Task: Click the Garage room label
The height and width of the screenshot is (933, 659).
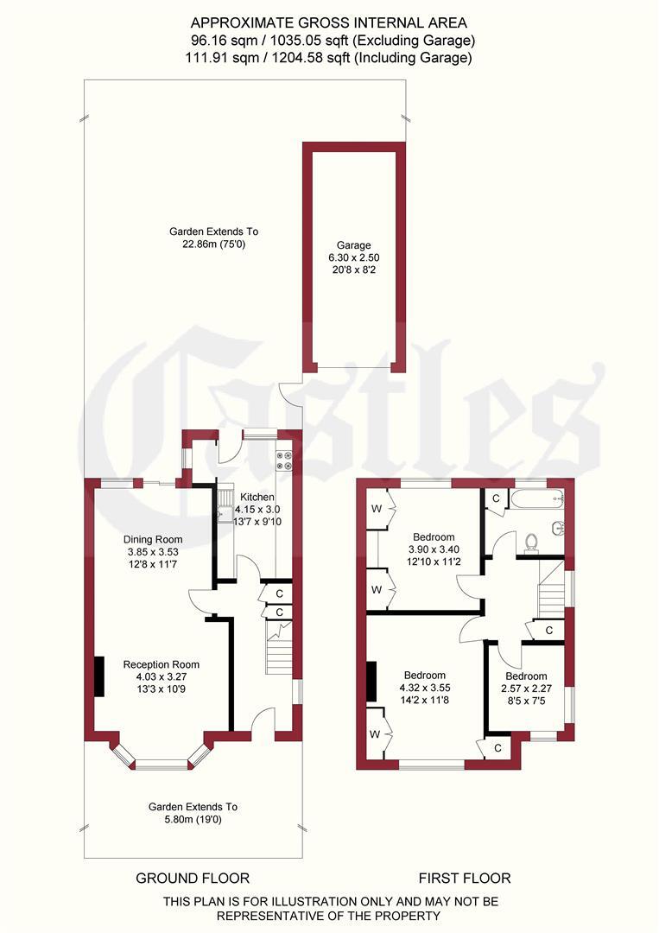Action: point(353,244)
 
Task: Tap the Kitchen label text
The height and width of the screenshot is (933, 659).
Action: point(257,497)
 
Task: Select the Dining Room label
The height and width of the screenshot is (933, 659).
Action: point(152,539)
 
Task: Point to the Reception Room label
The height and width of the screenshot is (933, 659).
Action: point(162,664)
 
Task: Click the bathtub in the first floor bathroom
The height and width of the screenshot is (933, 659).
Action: point(536,498)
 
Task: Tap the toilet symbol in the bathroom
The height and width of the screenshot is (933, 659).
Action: point(532,543)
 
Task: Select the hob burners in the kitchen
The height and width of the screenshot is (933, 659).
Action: point(284,462)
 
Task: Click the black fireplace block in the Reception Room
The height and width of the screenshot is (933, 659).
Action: point(99,676)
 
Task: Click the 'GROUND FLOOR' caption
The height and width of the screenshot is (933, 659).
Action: point(193,879)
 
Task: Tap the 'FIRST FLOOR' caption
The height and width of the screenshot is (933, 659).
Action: point(465,879)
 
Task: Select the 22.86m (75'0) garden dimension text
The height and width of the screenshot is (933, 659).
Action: point(213,244)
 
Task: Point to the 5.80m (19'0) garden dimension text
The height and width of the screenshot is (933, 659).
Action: point(192,819)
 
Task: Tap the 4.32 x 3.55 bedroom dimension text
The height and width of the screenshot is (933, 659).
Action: point(423,688)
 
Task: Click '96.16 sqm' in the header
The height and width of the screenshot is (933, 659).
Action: point(220,40)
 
